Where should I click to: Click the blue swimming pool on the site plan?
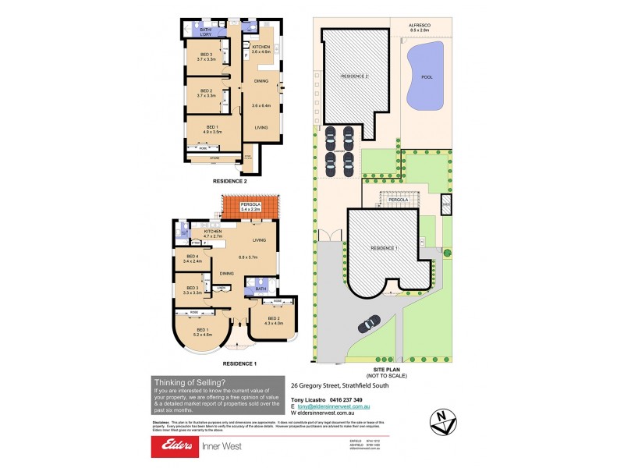pyautogui.click(x=424, y=76)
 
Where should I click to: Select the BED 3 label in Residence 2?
pyautogui.click(x=206, y=55)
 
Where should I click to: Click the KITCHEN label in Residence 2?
pyautogui.click(x=261, y=48)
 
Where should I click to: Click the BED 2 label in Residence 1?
pyautogui.click(x=274, y=320)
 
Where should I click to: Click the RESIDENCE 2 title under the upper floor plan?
pyautogui.click(x=230, y=180)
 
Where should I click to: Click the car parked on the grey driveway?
pyautogui.click(x=370, y=321)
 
